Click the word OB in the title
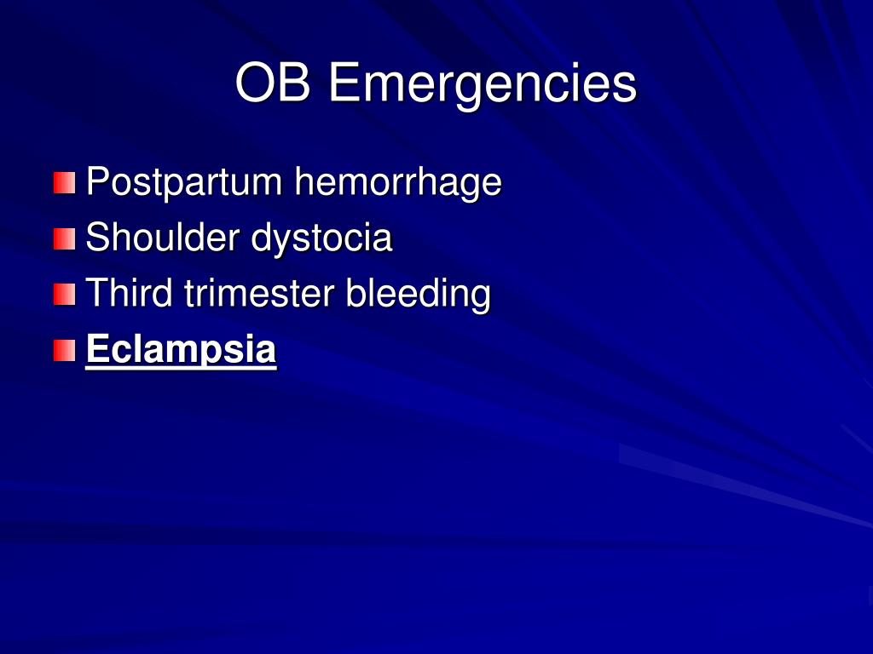273,82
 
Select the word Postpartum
184,182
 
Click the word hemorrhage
398,182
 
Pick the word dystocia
322,238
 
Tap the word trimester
259,292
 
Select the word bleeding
418,294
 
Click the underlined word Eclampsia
181,350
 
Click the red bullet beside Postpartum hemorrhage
65,183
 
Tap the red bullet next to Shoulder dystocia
65,239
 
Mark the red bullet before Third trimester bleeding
65,295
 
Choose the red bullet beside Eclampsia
65,351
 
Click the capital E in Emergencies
344,82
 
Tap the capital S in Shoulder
99,237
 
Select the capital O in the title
255,82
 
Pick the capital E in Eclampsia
97,348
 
